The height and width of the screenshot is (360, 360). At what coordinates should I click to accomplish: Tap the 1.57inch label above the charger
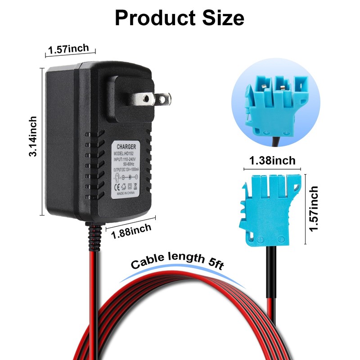69,49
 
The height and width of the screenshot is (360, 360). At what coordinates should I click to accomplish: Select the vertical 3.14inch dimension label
33,136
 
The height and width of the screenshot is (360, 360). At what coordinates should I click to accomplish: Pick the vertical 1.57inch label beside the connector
314,209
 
